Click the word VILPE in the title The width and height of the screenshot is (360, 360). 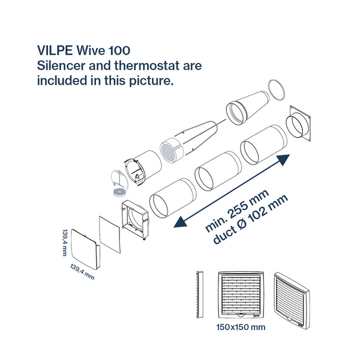click(x=55, y=50)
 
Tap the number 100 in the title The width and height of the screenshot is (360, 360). click(x=119, y=50)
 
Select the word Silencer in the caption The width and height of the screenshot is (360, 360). click(x=61, y=65)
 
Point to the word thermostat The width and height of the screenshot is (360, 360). click(x=147, y=65)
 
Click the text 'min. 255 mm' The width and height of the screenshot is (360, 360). click(x=237, y=211)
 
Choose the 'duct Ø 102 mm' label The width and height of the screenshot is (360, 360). click(x=250, y=220)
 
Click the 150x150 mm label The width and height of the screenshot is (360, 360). click(x=241, y=327)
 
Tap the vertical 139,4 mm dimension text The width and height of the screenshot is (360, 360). click(x=65, y=242)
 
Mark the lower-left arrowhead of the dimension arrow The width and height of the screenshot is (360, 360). click(x=180, y=222)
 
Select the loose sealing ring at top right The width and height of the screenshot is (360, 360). click(x=277, y=90)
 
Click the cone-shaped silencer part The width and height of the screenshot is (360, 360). click(x=248, y=108)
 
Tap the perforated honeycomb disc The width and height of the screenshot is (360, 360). click(x=170, y=151)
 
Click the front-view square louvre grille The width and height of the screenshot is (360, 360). click(x=241, y=295)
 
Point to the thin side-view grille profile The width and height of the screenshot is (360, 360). click(x=200, y=295)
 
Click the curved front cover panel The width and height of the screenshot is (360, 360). click(x=85, y=249)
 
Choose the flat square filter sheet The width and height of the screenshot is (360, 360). click(x=110, y=235)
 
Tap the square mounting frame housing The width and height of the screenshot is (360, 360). click(x=135, y=219)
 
